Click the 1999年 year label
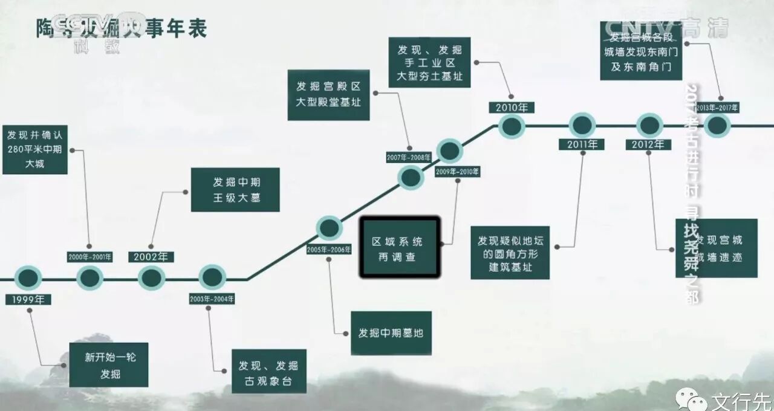[x=28, y=299]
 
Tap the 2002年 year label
[x=151, y=257]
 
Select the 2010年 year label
[x=512, y=108]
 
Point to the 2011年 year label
[x=582, y=144]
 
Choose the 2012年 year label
[x=648, y=144]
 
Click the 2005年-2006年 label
[x=329, y=250]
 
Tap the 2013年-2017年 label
[x=718, y=108]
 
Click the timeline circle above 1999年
[x=28, y=278]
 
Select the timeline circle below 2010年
[x=512, y=126]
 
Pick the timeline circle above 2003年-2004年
[x=212, y=278]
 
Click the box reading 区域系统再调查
[x=399, y=248]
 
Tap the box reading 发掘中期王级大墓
[x=235, y=190]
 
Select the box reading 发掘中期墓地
[x=391, y=333]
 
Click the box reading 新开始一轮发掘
[x=108, y=365]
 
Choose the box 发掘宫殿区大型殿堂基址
[x=328, y=94]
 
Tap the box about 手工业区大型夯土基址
[x=429, y=62]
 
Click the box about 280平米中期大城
[x=34, y=149]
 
